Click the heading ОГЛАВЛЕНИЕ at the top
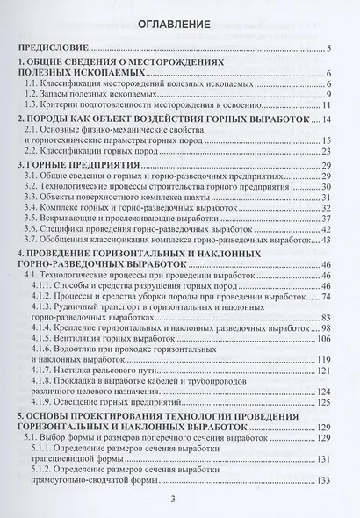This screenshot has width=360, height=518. pos(179,26)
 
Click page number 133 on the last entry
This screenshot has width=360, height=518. pos(321,507)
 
